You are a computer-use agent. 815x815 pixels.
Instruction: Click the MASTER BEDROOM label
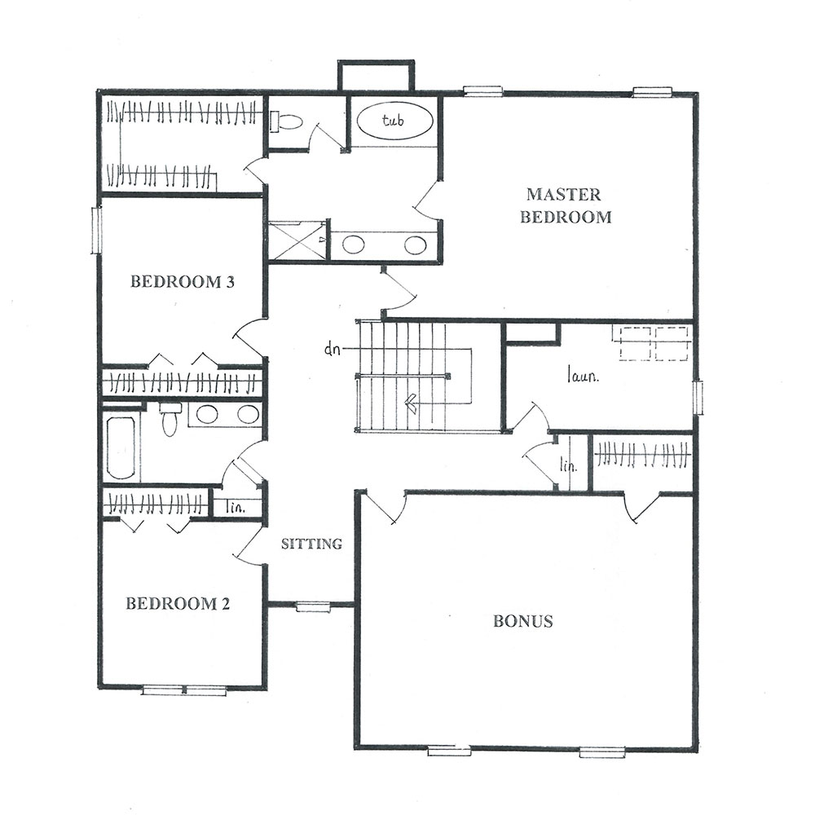566,206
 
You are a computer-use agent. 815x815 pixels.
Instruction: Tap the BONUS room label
523,621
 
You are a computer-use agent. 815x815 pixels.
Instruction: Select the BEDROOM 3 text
183,282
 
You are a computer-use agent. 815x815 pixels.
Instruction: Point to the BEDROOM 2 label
178,603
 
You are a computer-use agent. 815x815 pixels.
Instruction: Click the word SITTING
312,544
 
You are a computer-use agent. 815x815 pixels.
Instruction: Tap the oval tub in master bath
395,121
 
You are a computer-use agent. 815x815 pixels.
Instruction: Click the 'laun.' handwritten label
583,375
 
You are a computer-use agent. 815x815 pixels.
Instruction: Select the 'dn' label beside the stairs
333,350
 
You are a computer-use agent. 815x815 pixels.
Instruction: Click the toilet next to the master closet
286,122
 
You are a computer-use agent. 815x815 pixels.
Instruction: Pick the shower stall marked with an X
297,240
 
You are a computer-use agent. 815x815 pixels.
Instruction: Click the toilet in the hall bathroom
169,419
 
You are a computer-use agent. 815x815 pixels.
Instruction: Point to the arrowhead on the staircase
411,403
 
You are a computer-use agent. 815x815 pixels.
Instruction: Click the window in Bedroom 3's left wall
96,231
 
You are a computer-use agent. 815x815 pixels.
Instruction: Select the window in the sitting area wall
313,606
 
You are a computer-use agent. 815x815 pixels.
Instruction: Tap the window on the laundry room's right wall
698,398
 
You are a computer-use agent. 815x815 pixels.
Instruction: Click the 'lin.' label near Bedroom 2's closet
236,507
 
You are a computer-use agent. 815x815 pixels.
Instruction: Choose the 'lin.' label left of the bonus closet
569,465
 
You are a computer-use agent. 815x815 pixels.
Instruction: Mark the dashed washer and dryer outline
652,343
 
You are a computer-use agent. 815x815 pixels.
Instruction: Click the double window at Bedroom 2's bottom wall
184,690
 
